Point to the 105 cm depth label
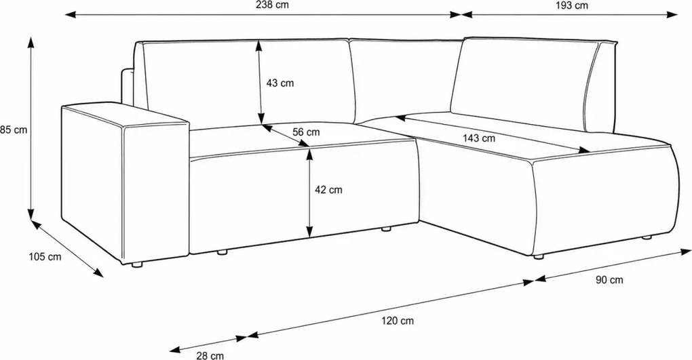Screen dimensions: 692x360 tap(45, 257)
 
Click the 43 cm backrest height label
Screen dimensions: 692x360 tap(280, 83)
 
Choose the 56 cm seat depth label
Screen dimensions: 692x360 tap(306, 132)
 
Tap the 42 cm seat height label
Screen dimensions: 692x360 tap(328, 190)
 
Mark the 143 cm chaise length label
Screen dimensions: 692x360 tap(479, 138)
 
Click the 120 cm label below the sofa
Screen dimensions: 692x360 tap(398, 321)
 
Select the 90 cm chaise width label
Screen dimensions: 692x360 tap(609, 280)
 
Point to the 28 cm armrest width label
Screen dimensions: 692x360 tap(210, 355)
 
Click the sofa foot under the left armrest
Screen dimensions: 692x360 tap(138, 264)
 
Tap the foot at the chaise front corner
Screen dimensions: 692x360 tap(538, 257)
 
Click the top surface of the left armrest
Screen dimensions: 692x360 tap(126, 115)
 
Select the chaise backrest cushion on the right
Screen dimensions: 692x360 tap(525, 84)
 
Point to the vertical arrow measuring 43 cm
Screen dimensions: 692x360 tap(261, 82)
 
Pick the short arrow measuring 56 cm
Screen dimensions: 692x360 tap(286, 136)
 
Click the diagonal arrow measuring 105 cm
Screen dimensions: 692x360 tap(66, 249)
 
